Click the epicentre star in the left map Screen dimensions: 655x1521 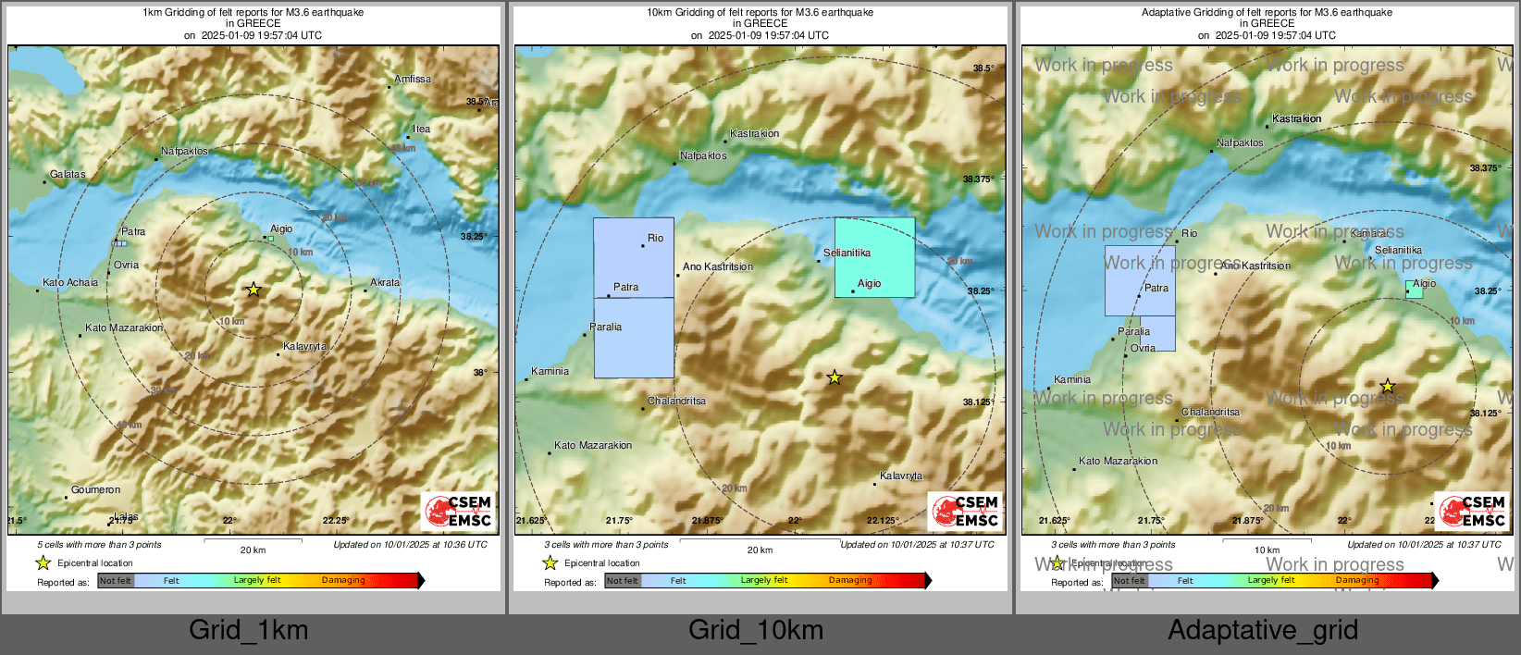(253, 290)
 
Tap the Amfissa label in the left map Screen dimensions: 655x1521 (413, 80)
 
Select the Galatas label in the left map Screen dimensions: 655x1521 (68, 174)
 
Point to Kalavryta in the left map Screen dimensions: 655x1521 (304, 347)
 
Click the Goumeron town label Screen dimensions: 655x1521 (95, 489)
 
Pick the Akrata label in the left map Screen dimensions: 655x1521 (385, 283)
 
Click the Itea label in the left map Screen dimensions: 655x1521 (421, 130)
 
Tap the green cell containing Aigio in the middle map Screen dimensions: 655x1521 (874, 258)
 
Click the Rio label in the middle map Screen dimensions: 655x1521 (655, 239)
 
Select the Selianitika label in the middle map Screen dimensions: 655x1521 (847, 253)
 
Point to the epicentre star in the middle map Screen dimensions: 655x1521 (835, 377)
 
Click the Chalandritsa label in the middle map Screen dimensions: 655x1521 (676, 401)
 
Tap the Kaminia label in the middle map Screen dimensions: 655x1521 (550, 371)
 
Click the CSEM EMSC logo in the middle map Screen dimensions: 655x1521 (965, 511)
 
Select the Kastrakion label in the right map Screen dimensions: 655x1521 (1296, 118)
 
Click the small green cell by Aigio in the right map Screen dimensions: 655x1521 (1414, 290)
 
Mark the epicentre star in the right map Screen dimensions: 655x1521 (1387, 387)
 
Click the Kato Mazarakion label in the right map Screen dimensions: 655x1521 (1118, 461)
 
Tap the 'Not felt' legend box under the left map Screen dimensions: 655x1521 (116, 581)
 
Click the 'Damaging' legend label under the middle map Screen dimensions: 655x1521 (850, 580)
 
